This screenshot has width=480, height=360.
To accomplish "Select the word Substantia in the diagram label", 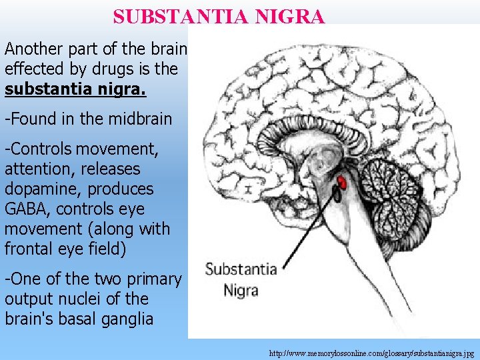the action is [241, 270].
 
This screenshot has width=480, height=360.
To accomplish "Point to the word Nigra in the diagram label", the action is [240, 290].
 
